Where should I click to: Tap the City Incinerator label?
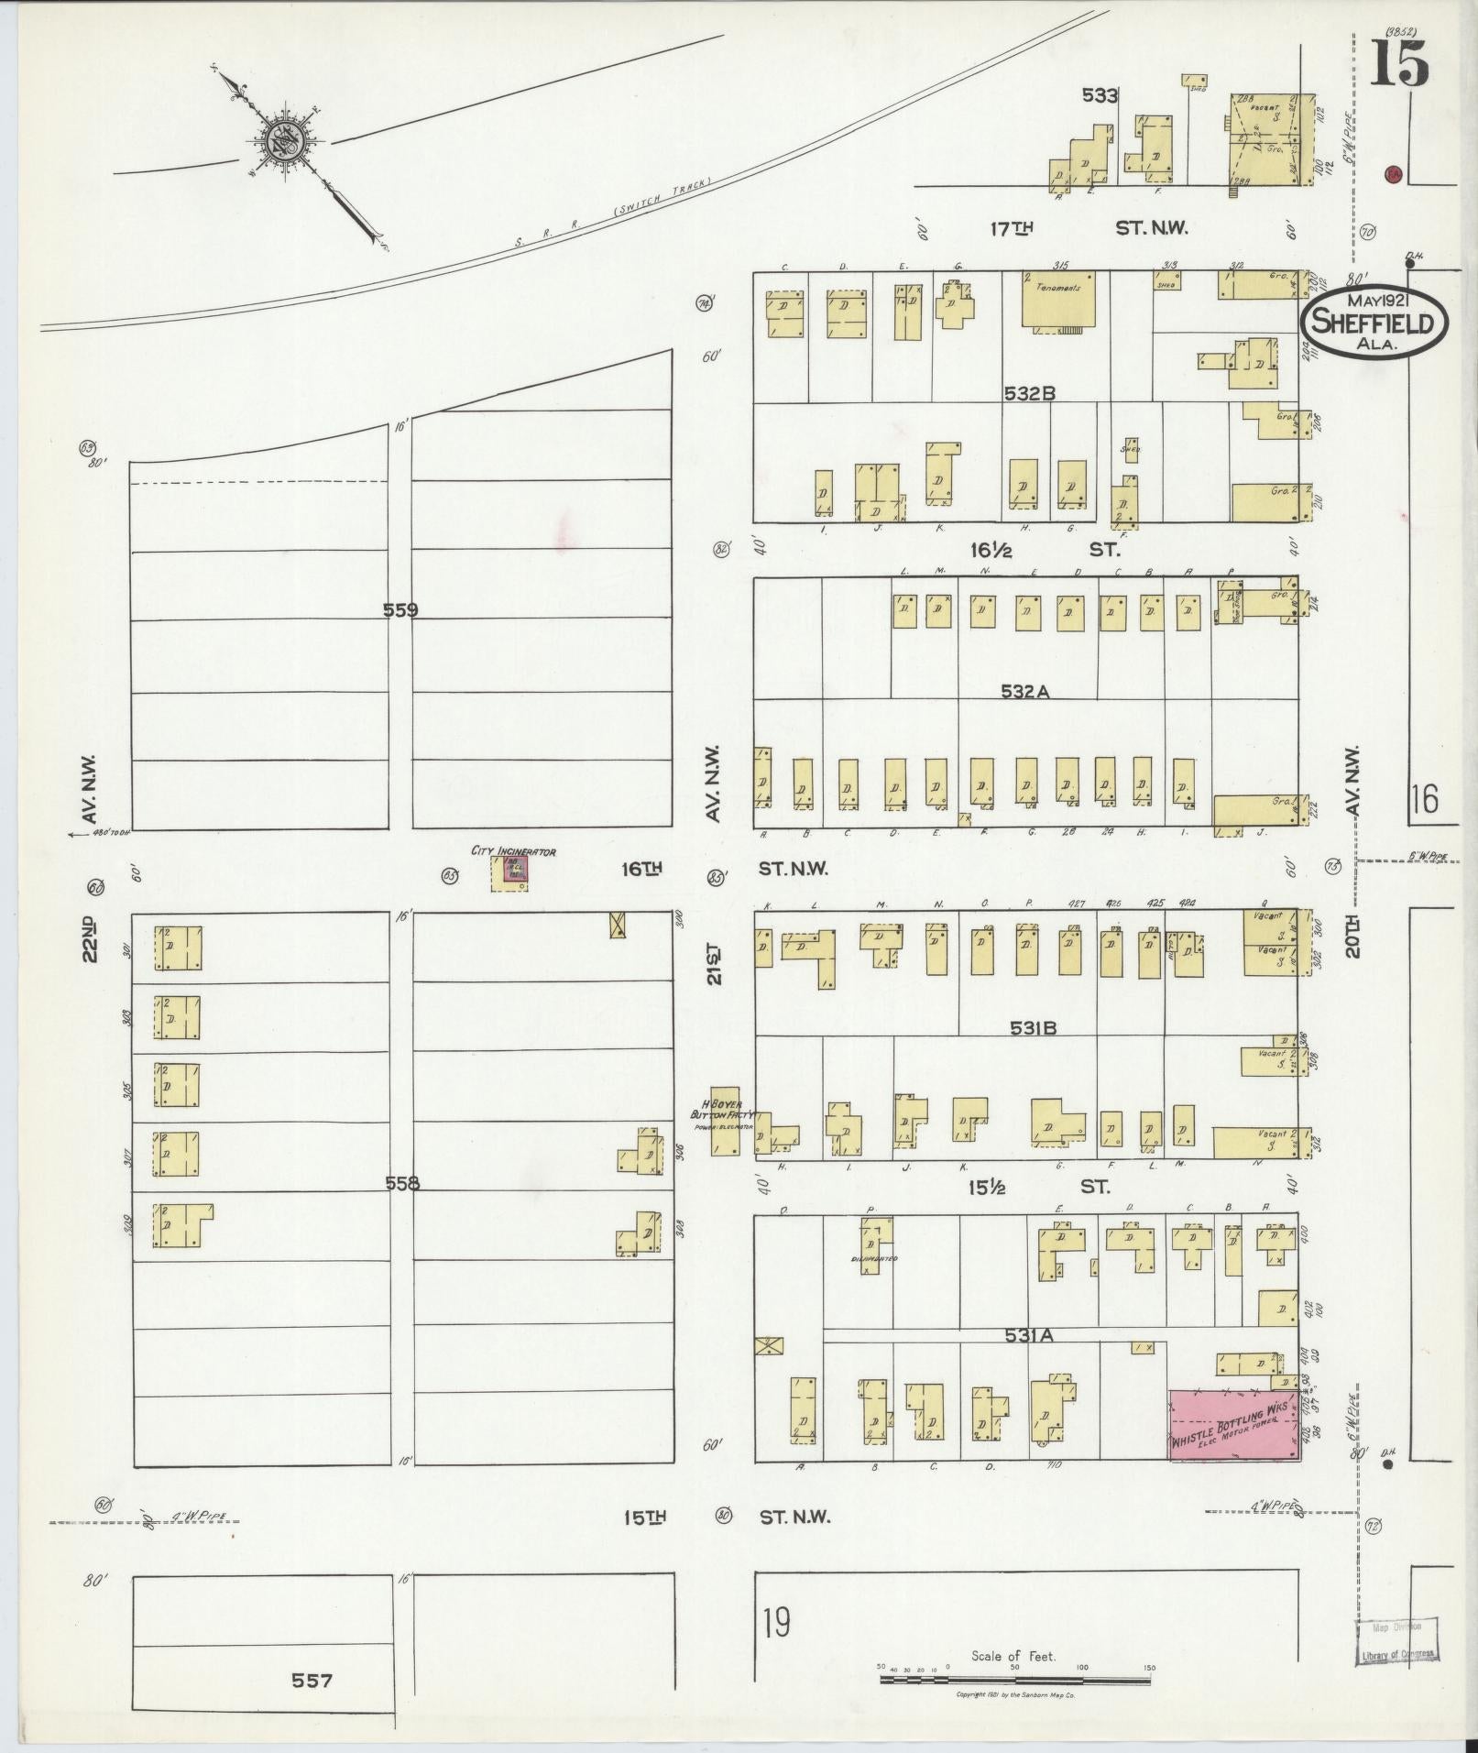coord(513,851)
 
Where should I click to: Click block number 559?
coord(400,609)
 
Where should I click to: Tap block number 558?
coord(401,1183)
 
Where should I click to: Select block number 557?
coord(312,1680)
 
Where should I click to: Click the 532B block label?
coord(1029,393)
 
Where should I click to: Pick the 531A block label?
coord(1029,1335)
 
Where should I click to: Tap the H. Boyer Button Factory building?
coord(725,1118)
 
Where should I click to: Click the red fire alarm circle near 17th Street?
coord(1393,174)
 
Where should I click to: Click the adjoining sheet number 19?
coord(775,1625)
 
